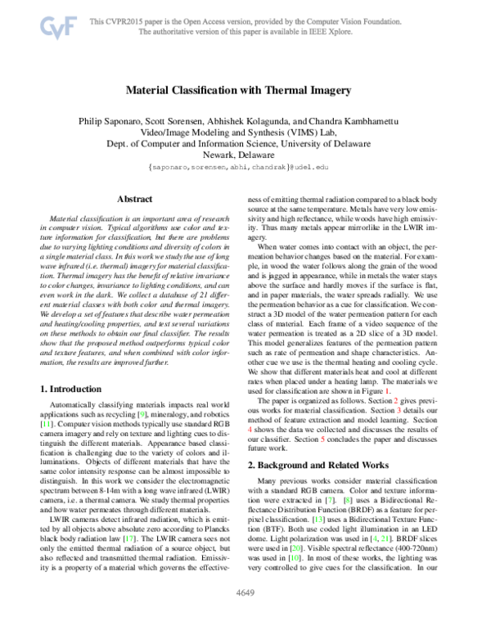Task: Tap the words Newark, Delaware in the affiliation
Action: (245, 153)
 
